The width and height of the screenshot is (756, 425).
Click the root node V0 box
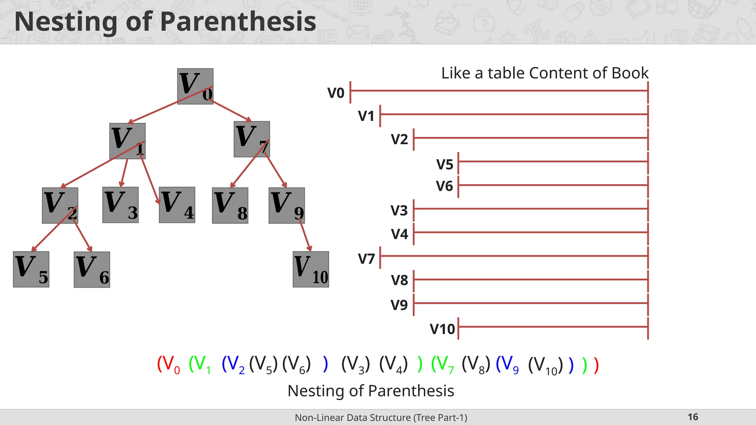[x=195, y=86]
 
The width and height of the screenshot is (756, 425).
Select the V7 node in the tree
[x=251, y=139]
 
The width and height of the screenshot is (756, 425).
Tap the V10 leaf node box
[x=310, y=269]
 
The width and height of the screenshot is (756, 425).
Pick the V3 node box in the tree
[x=120, y=205]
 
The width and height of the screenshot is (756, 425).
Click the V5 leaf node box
[x=31, y=269]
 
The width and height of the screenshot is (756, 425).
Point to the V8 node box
[x=230, y=205]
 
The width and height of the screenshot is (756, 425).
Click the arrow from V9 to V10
[x=305, y=236]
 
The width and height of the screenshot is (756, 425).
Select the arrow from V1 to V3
[x=124, y=173]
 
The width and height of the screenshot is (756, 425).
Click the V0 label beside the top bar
[x=336, y=93]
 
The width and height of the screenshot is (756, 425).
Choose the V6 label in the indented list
[x=444, y=186]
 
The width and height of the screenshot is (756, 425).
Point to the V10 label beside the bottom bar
[x=442, y=329]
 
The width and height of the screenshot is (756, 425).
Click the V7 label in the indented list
[x=366, y=259]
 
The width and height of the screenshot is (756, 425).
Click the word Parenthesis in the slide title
[x=238, y=21]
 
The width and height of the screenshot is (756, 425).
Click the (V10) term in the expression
[x=545, y=365]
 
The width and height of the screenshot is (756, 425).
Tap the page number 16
[x=693, y=417]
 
